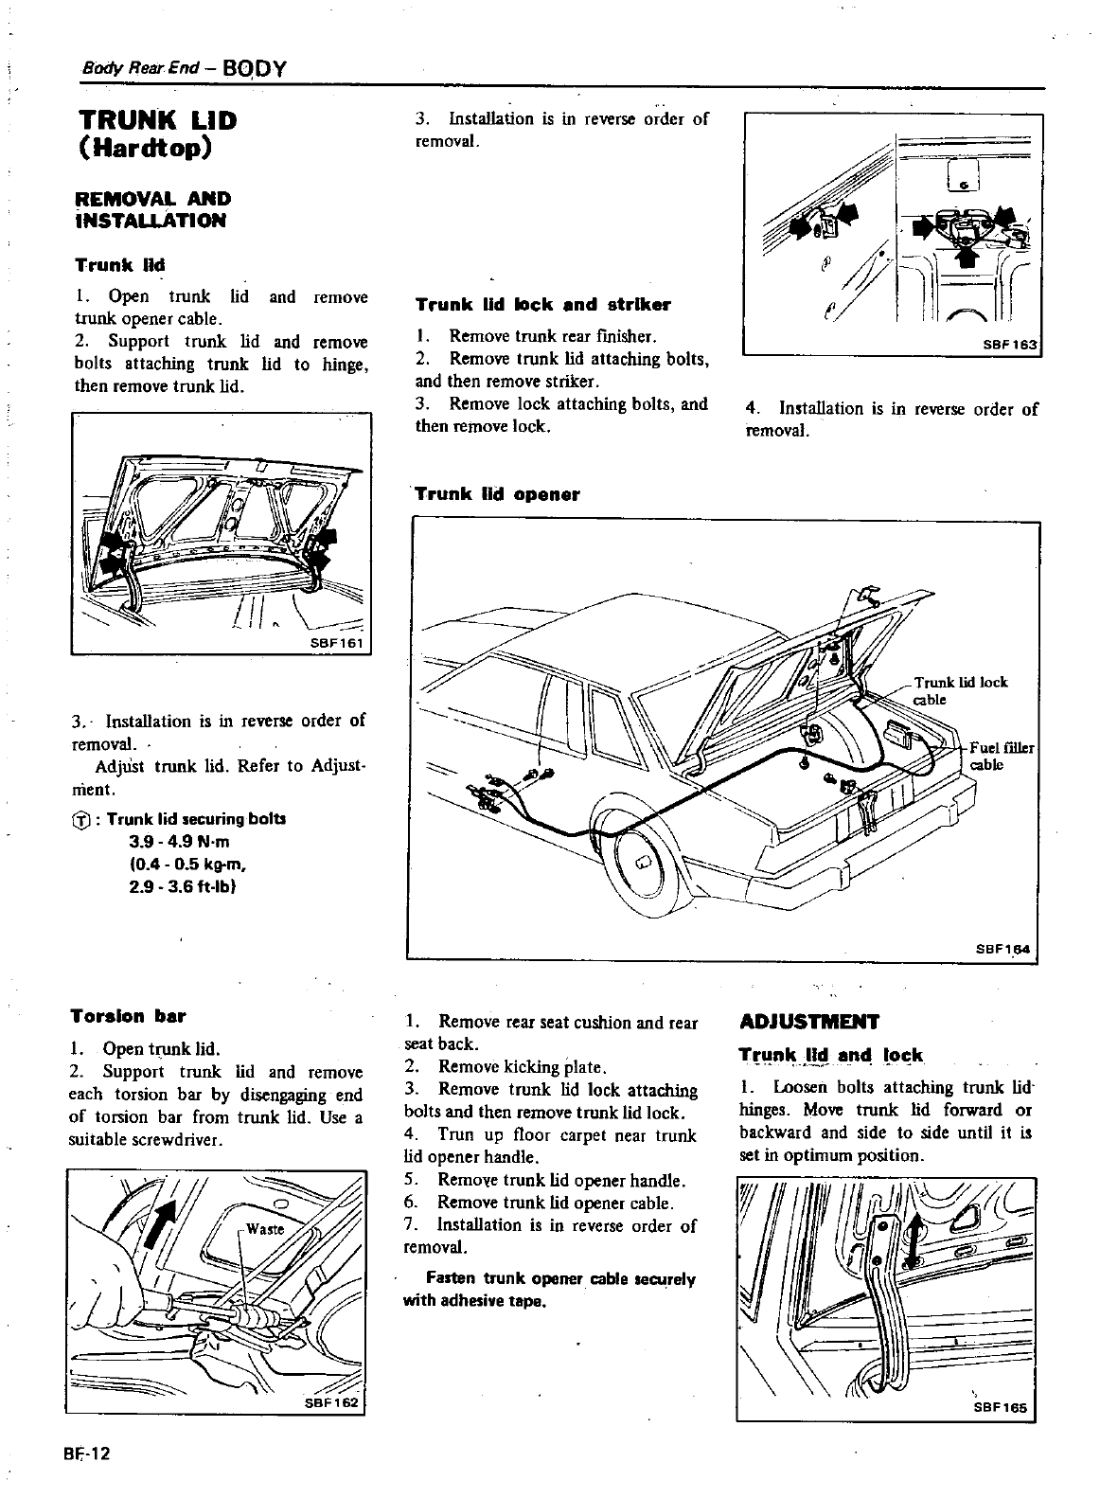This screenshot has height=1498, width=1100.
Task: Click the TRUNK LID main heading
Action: pyautogui.click(x=156, y=121)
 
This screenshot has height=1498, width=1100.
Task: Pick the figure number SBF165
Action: pyautogui.click(x=1001, y=1408)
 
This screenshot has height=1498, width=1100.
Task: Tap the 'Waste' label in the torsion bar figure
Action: pyautogui.click(x=264, y=1229)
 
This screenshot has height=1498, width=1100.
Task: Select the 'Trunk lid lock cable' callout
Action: pyautogui.click(x=959, y=690)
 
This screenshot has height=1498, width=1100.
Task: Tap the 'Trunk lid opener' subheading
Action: pyautogui.click(x=498, y=494)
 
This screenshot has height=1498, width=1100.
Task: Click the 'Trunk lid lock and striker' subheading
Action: pyautogui.click(x=542, y=305)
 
